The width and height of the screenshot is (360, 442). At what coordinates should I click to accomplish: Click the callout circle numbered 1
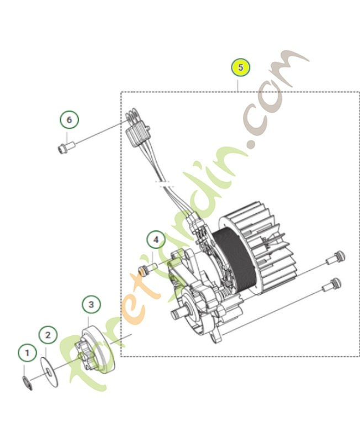26,352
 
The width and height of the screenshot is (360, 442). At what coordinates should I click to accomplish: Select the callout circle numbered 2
47,334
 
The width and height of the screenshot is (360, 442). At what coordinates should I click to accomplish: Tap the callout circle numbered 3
91,304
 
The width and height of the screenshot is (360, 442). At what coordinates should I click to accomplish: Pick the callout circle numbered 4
156,240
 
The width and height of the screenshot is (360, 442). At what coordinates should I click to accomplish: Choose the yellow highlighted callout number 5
240,68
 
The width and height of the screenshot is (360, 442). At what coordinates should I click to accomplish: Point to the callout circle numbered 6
69,119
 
